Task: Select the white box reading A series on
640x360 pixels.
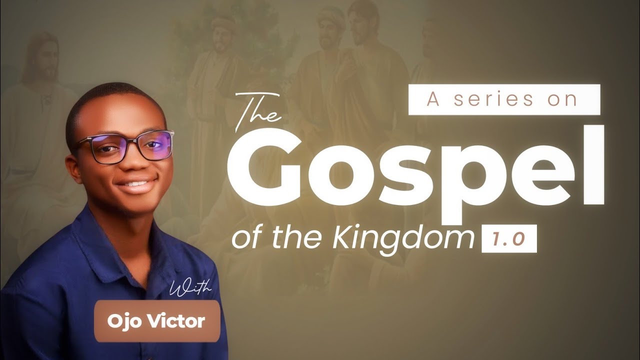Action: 504,99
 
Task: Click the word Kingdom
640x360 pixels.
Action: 402,239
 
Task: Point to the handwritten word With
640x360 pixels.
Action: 190,289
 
